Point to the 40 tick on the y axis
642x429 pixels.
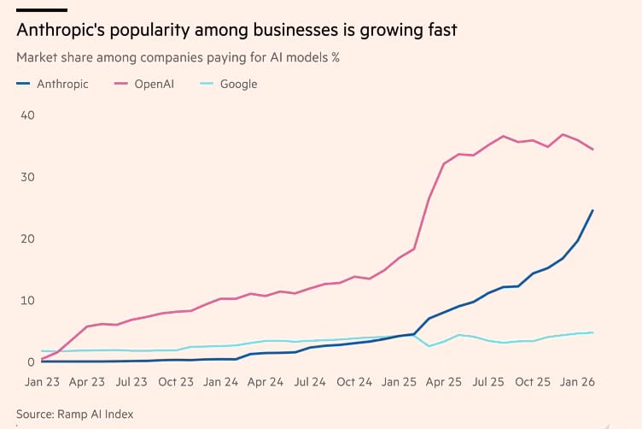[x=27, y=115]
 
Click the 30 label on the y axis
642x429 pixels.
[x=27, y=177]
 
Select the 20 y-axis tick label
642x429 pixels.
[x=27, y=238]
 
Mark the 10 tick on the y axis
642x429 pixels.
[x=27, y=301]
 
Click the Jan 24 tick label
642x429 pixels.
[x=219, y=381]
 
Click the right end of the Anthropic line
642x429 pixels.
[x=592, y=210]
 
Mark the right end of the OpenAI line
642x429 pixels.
[x=592, y=150]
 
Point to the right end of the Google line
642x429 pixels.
[x=592, y=332]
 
